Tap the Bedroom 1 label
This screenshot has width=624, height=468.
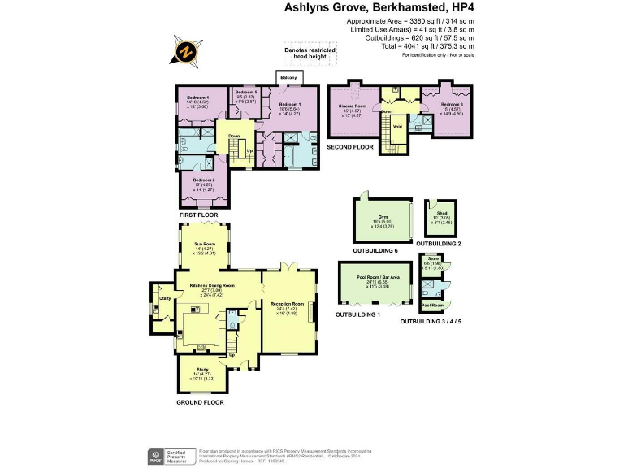click(289, 105)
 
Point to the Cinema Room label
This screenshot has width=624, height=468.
click(353, 106)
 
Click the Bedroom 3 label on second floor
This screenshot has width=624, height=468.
click(452, 105)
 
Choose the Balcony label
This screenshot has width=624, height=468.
click(288, 79)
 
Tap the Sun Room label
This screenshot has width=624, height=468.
click(204, 244)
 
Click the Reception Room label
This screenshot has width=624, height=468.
click(288, 304)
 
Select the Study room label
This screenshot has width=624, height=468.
click(202, 370)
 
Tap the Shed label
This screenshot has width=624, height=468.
click(441, 213)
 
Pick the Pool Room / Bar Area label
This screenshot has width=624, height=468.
click(378, 277)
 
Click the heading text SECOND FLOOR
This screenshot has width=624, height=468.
click(350, 147)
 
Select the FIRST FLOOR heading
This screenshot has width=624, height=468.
click(199, 214)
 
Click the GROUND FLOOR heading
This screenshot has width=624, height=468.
click(200, 402)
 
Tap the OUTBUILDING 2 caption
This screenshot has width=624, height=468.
click(439, 244)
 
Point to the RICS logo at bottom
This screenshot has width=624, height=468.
click(152, 455)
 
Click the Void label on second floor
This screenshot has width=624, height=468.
click(397, 127)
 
